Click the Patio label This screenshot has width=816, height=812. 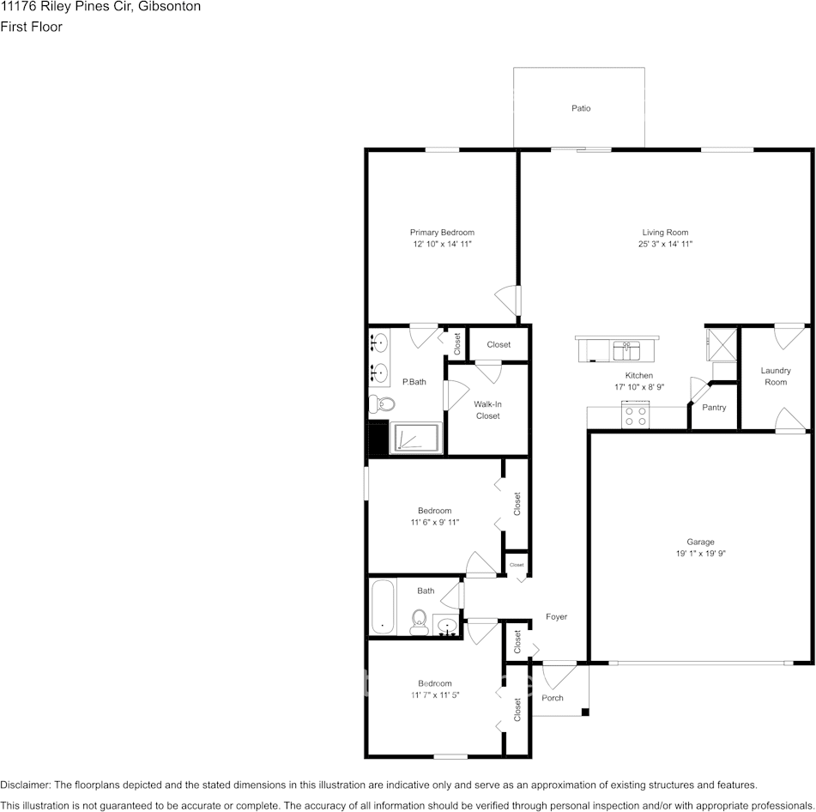pos(581,108)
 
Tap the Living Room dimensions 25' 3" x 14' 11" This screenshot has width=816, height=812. pos(665,244)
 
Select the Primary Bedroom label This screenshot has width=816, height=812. pos(442,232)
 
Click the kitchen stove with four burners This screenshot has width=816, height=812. pos(636,415)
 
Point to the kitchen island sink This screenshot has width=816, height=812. pos(626,351)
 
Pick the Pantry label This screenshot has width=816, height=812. pos(714,408)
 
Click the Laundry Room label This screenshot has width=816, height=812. pos(776,376)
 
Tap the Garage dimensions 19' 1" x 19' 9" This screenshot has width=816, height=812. pos(700,554)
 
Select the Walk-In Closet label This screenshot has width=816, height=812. pos(487,409)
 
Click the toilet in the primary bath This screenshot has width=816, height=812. pos(382,403)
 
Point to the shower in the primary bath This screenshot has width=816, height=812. pos(416,438)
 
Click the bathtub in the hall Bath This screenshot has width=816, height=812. pos(383,606)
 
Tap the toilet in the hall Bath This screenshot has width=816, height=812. pos(419,622)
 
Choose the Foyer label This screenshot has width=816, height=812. pos(556,617)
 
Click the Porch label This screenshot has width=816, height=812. pos(553,698)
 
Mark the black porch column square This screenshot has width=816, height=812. pos(585,712)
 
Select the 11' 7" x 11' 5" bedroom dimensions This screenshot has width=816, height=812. pos(435,695)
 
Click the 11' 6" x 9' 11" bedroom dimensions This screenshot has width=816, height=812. pos(434,522)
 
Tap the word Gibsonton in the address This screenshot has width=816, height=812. pos(169,7)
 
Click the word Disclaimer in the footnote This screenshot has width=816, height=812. pos(25,785)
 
